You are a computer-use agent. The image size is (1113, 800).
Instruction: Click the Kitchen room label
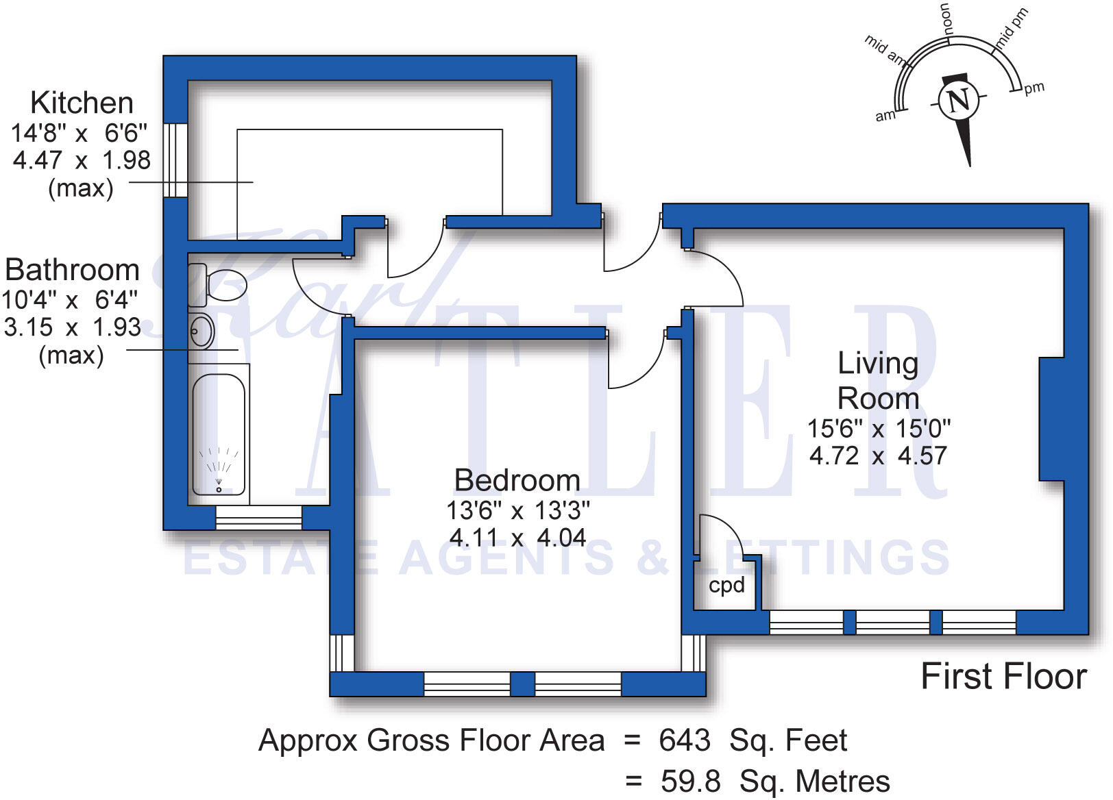pos(82,103)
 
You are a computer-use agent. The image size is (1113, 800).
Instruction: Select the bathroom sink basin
pos(201,333)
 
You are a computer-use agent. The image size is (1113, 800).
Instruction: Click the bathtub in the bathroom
pos(219,434)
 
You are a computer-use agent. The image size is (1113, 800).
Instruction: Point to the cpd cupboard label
pos(726,586)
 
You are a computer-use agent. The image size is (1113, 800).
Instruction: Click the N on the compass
pos(959,101)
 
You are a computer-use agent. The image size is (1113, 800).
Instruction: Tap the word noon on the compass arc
pos(946,18)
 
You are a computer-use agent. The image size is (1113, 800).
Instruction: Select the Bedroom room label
pos(517,480)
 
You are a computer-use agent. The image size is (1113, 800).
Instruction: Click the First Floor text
pos(1003,677)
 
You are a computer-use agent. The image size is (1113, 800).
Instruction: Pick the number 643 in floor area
pos(684,740)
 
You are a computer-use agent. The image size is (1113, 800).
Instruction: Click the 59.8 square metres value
pos(690,782)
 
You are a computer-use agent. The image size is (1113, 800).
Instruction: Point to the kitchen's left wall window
pos(175,161)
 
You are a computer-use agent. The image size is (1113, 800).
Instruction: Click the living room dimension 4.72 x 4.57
pos(878,456)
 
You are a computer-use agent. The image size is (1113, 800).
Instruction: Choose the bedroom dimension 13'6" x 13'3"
pos(517,510)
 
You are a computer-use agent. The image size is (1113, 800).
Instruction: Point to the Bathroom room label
pos(72,270)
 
